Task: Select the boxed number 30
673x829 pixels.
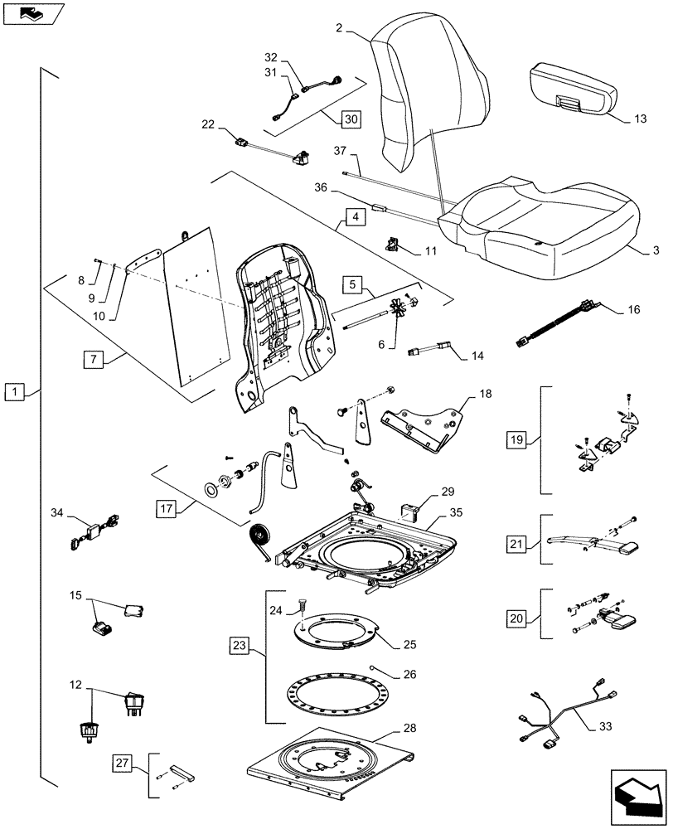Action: tap(351, 118)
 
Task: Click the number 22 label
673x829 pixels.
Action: tap(208, 124)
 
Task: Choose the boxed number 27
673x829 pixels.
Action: tap(121, 763)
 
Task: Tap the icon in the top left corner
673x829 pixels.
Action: tap(31, 12)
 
